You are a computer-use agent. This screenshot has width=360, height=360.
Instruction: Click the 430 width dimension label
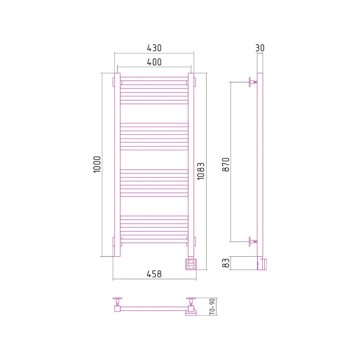click(154, 48)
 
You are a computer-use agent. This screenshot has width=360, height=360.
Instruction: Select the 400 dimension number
click(154, 62)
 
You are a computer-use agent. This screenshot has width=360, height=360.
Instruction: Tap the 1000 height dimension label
click(97, 164)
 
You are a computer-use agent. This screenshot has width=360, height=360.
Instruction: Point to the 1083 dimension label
click(201, 171)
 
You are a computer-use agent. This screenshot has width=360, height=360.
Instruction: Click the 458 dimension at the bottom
click(154, 274)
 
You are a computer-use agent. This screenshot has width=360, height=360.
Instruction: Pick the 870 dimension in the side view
click(226, 165)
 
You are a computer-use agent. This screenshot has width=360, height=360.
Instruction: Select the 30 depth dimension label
click(260, 48)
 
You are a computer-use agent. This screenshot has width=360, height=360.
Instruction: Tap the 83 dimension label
click(226, 263)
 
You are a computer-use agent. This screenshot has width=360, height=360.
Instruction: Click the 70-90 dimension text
click(212, 307)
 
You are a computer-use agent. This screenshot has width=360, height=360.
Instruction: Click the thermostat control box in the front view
click(191, 264)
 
